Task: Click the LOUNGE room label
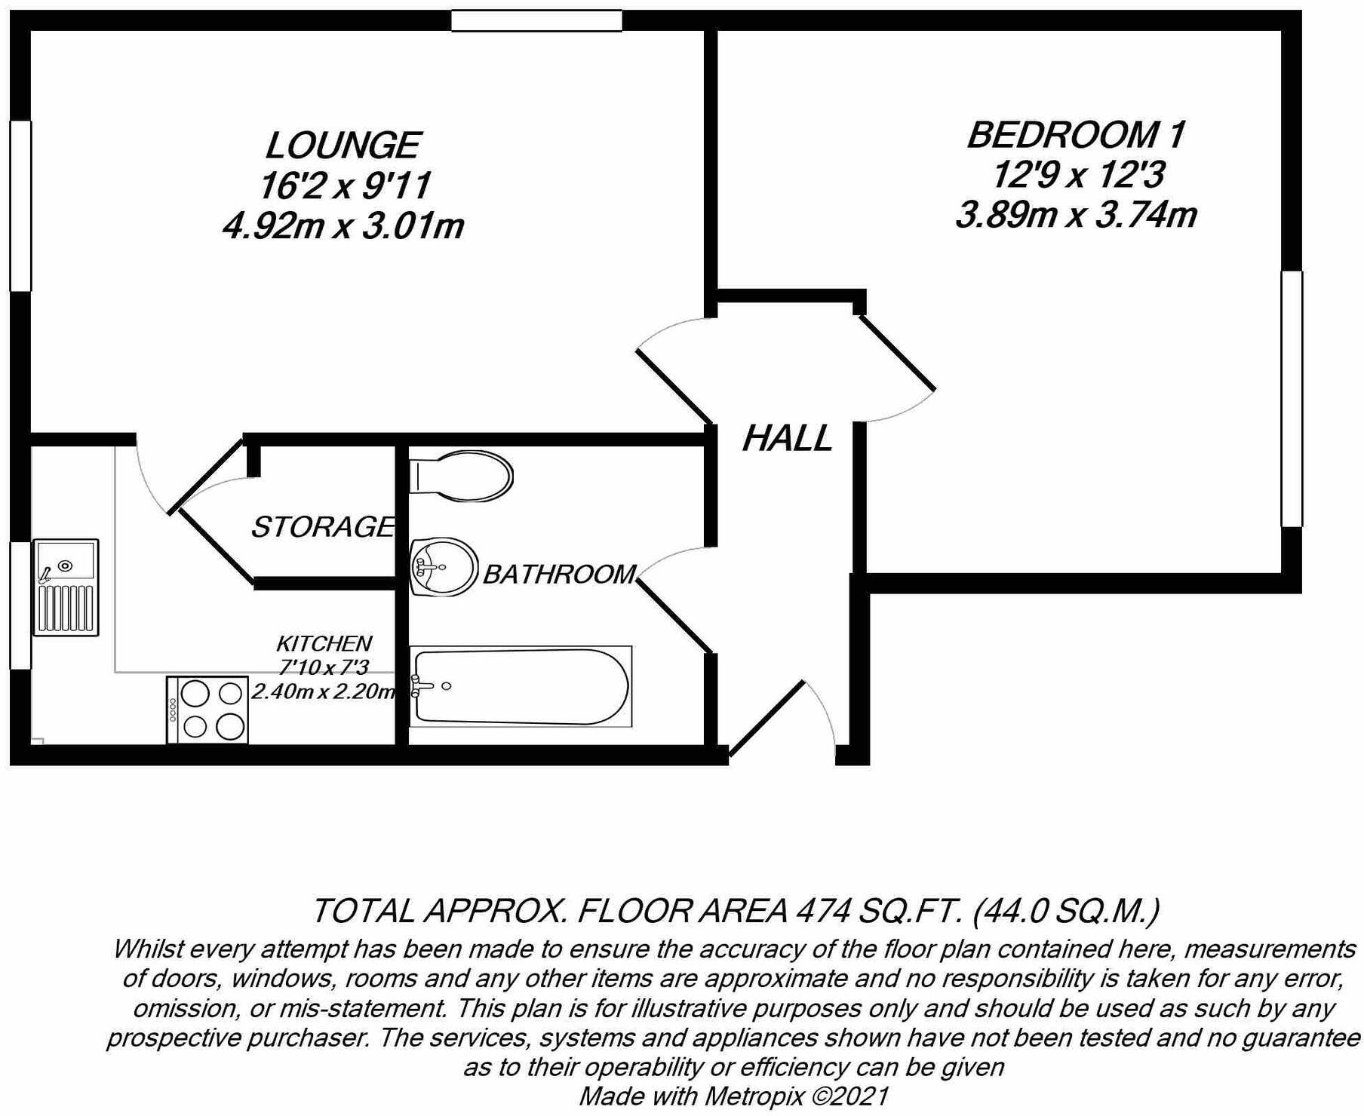pyautogui.click(x=343, y=145)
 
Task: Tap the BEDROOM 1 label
pyautogui.click(x=1076, y=135)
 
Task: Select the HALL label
pyautogui.click(x=787, y=438)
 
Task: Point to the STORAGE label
pyautogui.click(x=323, y=526)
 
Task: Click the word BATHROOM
pyautogui.click(x=559, y=574)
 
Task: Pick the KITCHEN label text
pyautogui.click(x=324, y=643)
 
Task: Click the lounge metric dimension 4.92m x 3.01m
pyautogui.click(x=343, y=225)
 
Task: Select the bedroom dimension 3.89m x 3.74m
pyautogui.click(x=1076, y=215)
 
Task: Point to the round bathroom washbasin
pyautogui.click(x=444, y=566)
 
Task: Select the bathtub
pyautogui.click(x=521, y=686)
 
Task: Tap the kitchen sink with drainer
pyautogui.click(x=66, y=587)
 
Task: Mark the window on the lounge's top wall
pyautogui.click(x=536, y=20)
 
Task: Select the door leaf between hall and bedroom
pyautogui.click(x=897, y=353)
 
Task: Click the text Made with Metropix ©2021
pyautogui.click(x=733, y=1096)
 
